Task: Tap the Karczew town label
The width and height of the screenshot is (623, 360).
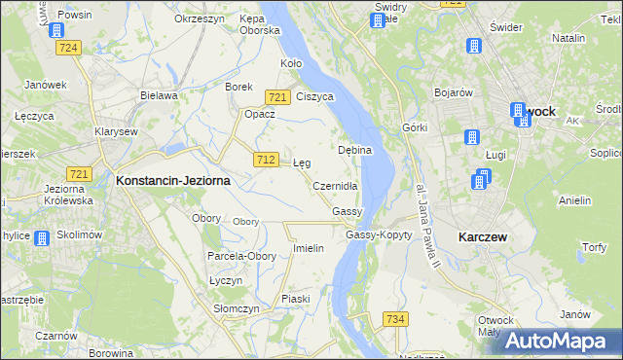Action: tap(487, 236)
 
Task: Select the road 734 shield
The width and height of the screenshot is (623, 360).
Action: tap(395, 319)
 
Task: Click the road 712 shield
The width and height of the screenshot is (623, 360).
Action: tap(264, 159)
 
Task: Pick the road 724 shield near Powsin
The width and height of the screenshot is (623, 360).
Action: tap(68, 47)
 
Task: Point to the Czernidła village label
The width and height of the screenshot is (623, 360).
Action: tap(337, 186)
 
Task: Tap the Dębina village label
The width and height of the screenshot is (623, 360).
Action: tap(354, 151)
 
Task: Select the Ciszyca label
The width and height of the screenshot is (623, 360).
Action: tap(315, 96)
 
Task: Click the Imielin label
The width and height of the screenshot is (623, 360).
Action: tap(308, 248)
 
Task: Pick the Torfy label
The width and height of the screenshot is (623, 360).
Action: tap(594, 248)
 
